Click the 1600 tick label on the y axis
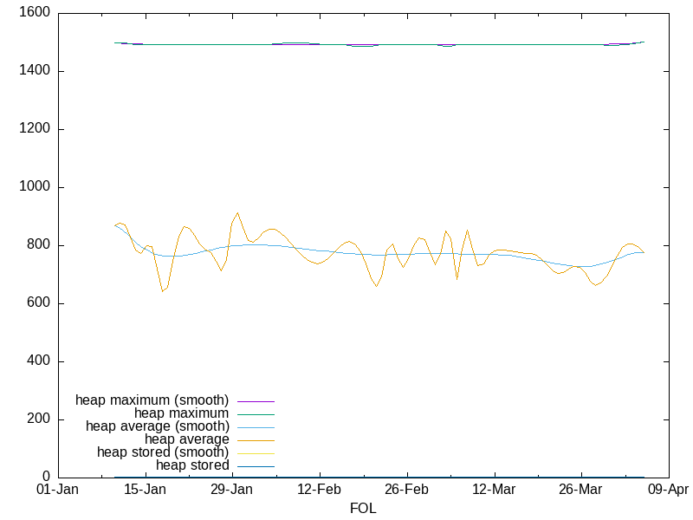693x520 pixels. pos(34,13)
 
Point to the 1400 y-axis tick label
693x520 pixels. pos(34,71)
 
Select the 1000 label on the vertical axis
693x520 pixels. pos(34,187)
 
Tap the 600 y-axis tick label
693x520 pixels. pos(38,303)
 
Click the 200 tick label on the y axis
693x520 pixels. pos(38,419)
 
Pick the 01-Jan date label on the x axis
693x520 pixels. pos(57,491)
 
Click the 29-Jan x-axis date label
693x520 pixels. pos(232,491)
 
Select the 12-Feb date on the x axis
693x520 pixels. pos(320,491)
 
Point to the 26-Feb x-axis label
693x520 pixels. pos(407,491)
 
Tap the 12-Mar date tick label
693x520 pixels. pos(495,491)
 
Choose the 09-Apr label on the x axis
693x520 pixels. pos(669,491)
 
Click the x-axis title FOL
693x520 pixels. pos(363,508)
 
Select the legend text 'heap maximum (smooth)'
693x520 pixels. pos(152,400)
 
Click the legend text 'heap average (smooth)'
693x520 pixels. pos(158,426)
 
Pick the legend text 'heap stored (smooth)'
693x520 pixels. pos(163,452)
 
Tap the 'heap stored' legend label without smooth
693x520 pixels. pos(192,465)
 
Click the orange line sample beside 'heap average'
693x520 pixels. pos(256,440)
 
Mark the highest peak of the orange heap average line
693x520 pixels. pos(237,212)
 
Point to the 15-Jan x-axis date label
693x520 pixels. pos(145,491)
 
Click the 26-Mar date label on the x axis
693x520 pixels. pos(581,491)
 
